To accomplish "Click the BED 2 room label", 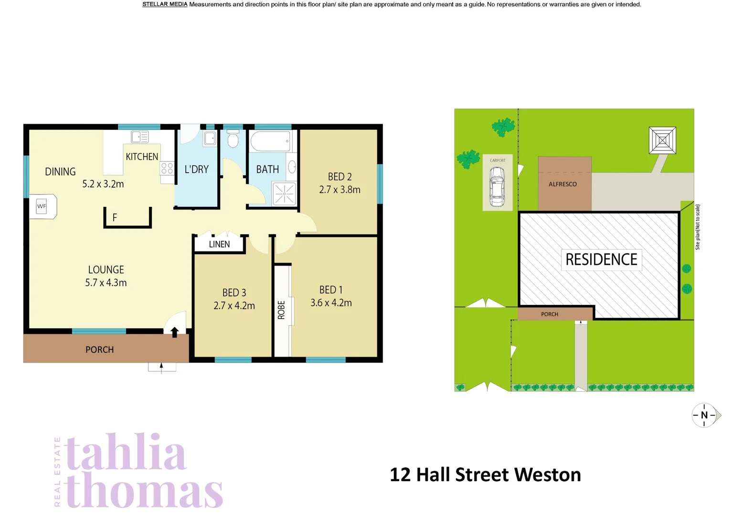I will tap(339, 177).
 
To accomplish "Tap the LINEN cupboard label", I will tap(219, 244).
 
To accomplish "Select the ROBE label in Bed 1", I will tap(281, 310).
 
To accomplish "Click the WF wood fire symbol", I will tap(42, 206).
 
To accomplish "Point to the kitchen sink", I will tap(140, 137).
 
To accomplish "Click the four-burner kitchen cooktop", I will tap(167, 168).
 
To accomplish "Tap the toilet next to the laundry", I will tap(233, 140).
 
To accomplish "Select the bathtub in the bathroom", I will tap(270, 141).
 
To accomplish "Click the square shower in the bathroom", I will tap(284, 193).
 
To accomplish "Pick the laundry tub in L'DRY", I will tap(210, 139).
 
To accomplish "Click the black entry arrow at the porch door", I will tap(175, 332).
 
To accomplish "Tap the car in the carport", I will tap(497, 186).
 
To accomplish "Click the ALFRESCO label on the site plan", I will tap(562, 184).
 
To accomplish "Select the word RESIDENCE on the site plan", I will tap(601, 259).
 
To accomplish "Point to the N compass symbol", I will tap(705, 415).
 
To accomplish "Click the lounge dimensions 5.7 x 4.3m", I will tap(106, 283).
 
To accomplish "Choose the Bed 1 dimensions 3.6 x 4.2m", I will tap(331, 303).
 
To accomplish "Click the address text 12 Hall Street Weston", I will tap(485, 475).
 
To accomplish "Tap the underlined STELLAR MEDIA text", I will tap(165, 4).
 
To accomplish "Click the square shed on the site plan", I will tap(662, 140).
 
